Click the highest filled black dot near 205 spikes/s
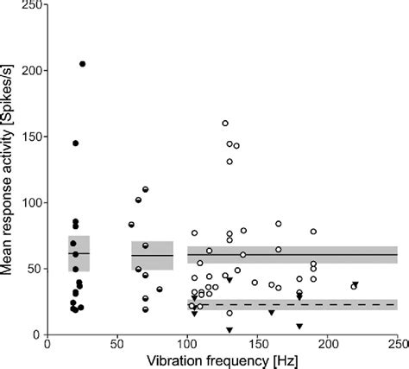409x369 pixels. point(82,64)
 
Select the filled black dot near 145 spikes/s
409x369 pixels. point(75,143)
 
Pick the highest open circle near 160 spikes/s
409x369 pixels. point(225,124)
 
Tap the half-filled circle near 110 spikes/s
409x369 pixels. point(145,189)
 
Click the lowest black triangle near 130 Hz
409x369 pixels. point(229,329)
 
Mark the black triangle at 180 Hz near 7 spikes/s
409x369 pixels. point(299,326)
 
